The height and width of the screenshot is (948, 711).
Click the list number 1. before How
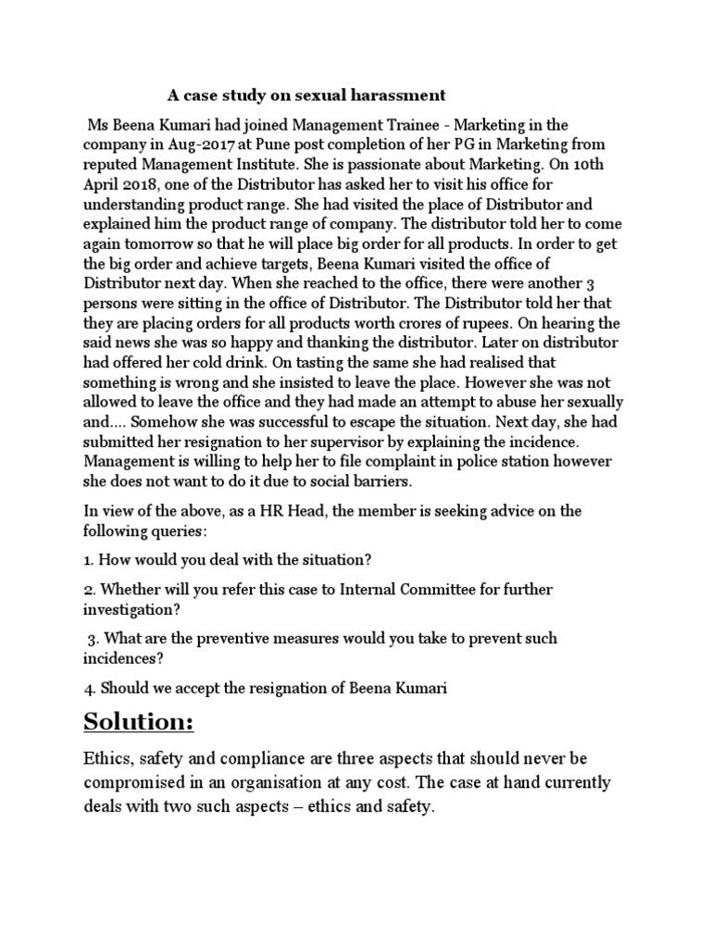click(x=89, y=560)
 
